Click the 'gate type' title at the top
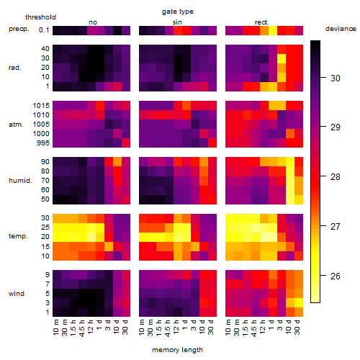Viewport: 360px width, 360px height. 178,12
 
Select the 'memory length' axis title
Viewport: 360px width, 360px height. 177,350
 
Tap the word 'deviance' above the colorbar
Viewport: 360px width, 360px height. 341,29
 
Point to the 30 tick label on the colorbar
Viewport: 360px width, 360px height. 336,78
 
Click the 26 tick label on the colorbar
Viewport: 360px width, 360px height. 336,276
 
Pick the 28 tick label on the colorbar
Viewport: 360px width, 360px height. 336,177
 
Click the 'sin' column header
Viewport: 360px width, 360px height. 177,22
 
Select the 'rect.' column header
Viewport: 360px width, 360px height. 262,22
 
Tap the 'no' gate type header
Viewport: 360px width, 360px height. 93,22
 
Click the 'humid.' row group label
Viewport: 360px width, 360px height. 20,181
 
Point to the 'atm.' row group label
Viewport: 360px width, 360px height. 16,125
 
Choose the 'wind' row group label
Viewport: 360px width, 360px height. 17,294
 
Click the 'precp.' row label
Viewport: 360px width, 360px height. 19,29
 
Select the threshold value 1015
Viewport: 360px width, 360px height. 41,106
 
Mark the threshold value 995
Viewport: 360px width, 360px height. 43,143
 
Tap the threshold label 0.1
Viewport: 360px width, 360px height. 44,30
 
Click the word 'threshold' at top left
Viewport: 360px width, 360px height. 40,17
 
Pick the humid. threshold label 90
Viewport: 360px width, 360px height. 45,162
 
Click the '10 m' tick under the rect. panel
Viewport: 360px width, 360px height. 228,327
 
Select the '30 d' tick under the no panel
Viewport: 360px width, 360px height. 125,327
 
